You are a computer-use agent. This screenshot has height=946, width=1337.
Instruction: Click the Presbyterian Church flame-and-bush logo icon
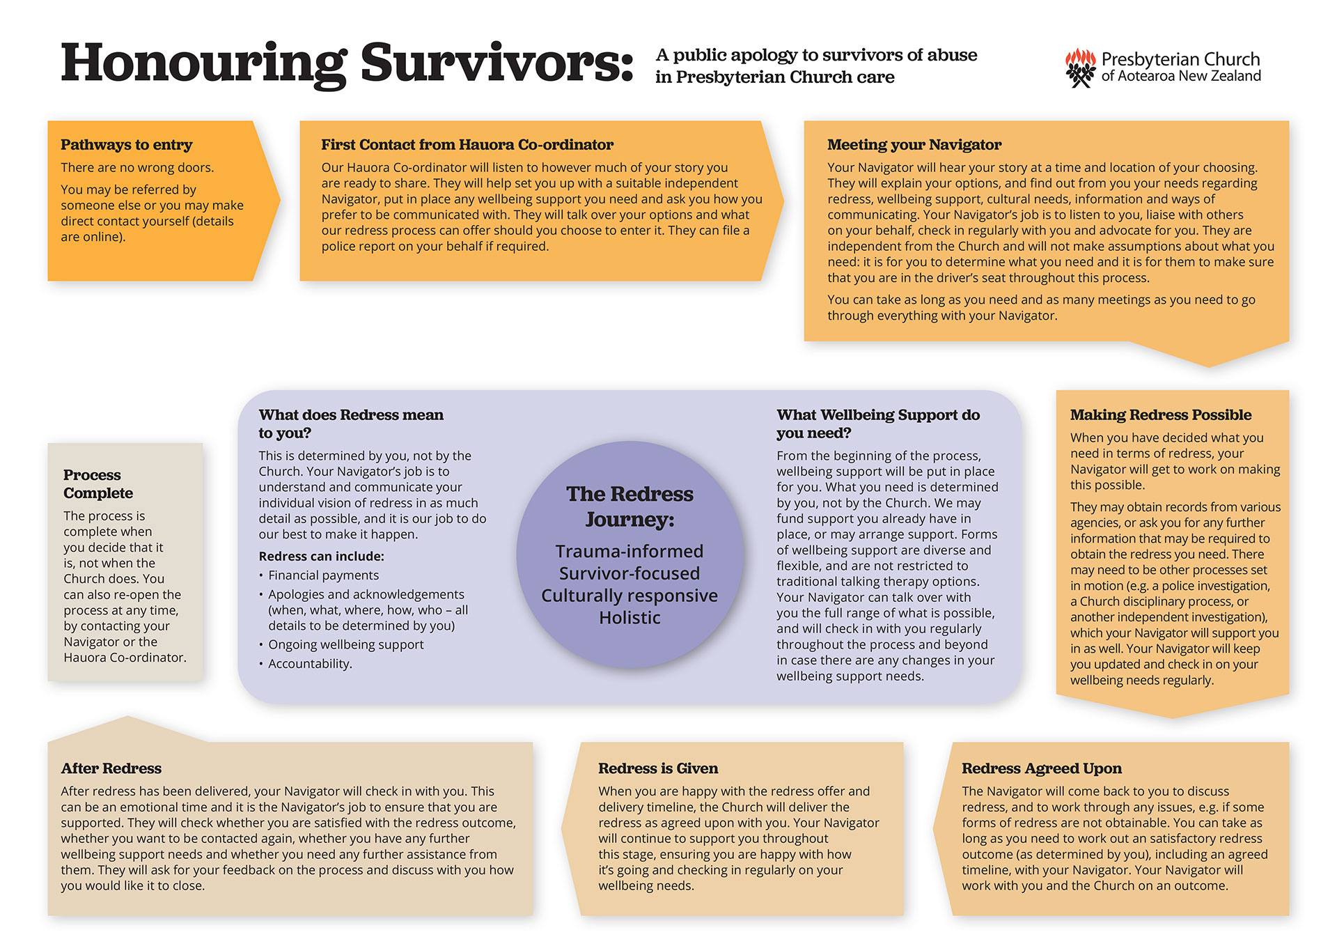click(x=1080, y=68)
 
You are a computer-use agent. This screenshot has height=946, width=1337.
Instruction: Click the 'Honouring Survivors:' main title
click(x=346, y=64)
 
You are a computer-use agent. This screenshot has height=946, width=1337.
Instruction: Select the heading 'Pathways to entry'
click(x=126, y=145)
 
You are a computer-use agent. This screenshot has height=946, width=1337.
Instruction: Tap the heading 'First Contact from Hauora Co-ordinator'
click(x=467, y=145)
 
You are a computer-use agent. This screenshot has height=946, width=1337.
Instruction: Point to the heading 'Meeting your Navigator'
click(x=914, y=145)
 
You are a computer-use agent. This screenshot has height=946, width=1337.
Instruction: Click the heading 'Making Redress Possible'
click(x=1160, y=415)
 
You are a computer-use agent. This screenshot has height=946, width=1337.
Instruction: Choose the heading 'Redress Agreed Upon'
click(x=1041, y=768)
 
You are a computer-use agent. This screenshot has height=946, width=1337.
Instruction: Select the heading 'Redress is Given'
click(x=657, y=768)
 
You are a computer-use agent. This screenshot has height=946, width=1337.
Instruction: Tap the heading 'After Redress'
click(x=111, y=768)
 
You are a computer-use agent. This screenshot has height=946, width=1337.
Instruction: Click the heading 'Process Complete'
click(x=97, y=484)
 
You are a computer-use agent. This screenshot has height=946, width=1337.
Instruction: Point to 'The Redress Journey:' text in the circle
click(x=630, y=506)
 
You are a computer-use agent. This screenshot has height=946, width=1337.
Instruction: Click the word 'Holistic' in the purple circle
click(x=630, y=618)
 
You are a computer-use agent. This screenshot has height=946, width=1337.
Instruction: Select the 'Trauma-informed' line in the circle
click(x=630, y=552)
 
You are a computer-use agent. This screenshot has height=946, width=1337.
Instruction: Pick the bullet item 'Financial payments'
click(x=323, y=575)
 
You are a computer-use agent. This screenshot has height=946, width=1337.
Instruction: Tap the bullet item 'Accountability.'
click(x=310, y=664)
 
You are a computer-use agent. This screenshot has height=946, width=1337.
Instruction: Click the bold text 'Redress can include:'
click(x=321, y=557)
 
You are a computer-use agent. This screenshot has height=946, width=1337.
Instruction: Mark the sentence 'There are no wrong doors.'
click(x=137, y=168)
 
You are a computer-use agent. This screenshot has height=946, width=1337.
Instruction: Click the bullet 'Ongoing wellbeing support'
click(x=345, y=645)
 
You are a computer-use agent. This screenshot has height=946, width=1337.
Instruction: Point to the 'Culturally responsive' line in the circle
click(x=630, y=596)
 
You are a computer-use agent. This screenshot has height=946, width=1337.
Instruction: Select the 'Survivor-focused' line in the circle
click(x=630, y=573)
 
